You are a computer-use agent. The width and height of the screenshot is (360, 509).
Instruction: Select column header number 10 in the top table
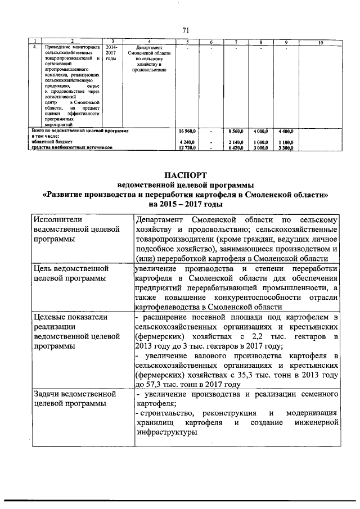(319, 43)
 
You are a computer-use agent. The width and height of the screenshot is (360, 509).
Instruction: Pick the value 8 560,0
(236, 130)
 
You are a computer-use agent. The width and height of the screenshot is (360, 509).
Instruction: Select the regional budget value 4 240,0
(188, 142)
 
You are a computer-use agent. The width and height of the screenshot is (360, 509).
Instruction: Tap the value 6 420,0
(236, 148)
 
